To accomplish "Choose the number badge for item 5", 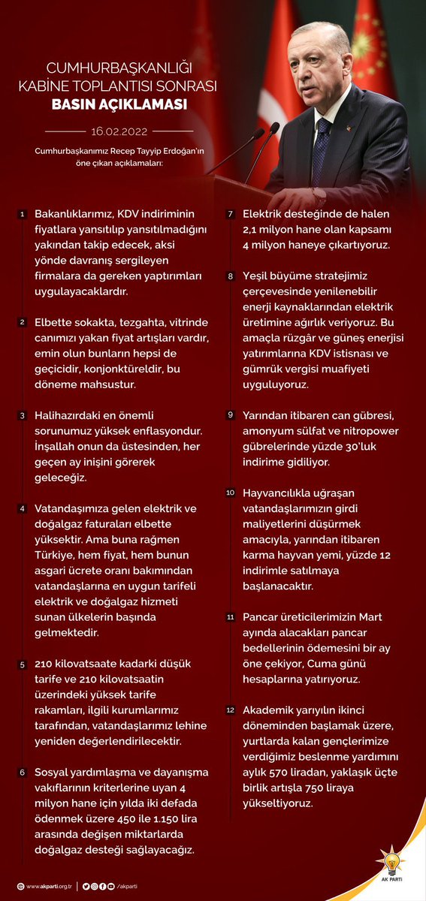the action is (23, 665).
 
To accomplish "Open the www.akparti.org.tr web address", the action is (49, 887).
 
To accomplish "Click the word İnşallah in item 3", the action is (61, 445).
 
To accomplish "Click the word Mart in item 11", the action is (370, 616).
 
